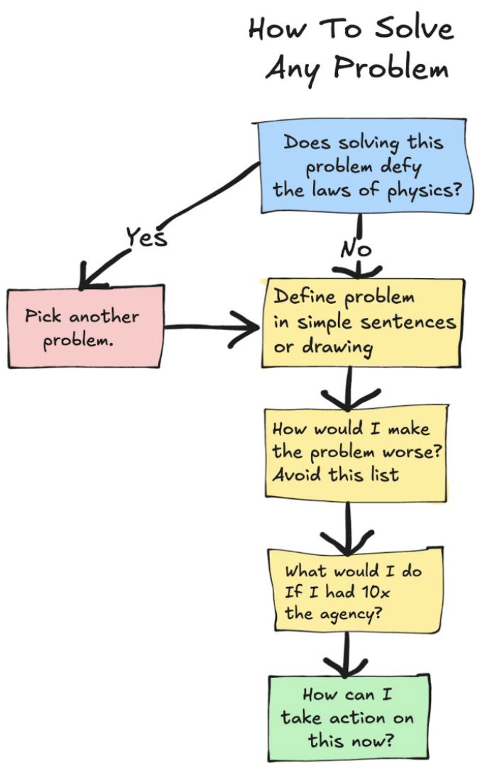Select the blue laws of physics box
[x=362, y=168]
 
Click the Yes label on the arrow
[x=146, y=236]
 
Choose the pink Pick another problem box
[x=85, y=327]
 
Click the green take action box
[x=349, y=717]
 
